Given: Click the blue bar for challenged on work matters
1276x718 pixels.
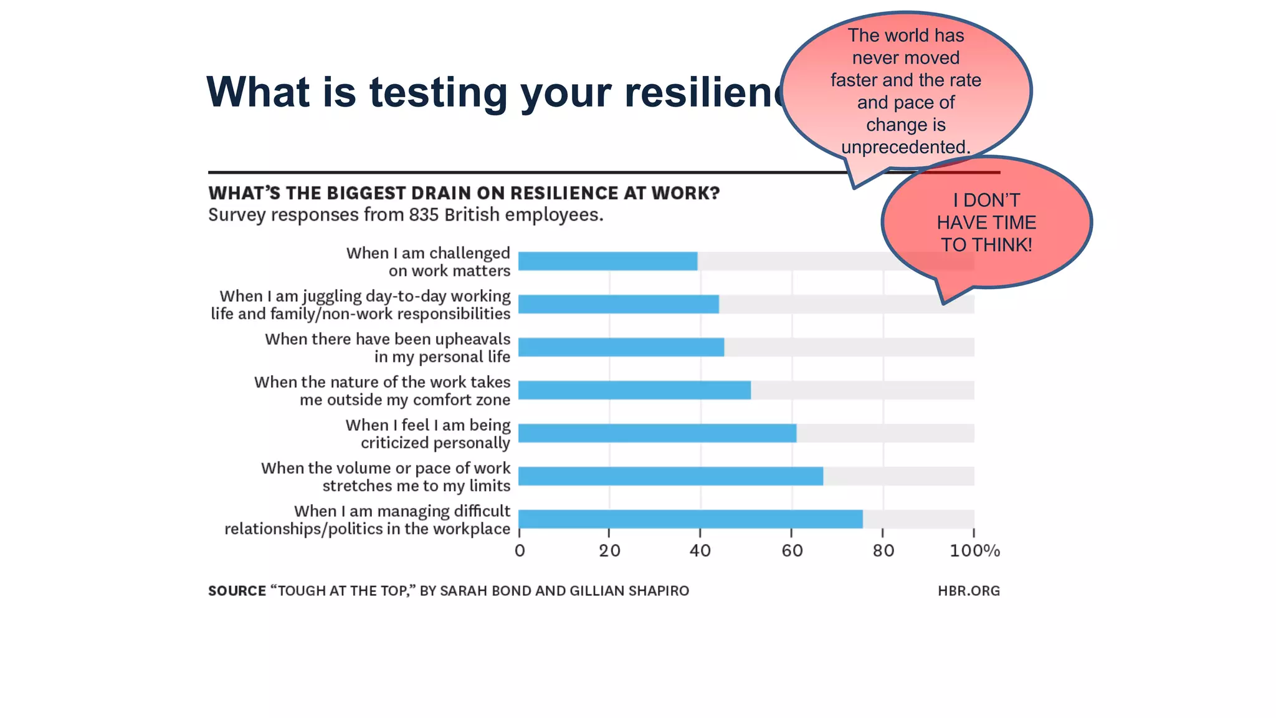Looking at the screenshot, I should coord(607,261).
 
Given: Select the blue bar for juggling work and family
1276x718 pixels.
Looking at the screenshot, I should coord(618,304).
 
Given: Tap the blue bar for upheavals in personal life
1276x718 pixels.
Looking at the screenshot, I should coord(621,347).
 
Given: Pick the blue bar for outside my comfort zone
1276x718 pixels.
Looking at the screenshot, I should coord(634,390).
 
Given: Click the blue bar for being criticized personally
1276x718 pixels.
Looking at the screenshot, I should coord(657,433).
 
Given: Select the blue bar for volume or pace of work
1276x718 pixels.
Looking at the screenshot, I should coord(670,476).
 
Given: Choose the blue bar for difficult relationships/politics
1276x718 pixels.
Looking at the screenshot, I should coord(690,519).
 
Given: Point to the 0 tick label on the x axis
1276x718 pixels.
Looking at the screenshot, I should coord(520,551).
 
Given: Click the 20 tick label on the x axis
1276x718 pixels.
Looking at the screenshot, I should coord(609,551).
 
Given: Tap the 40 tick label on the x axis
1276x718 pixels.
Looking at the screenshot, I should coord(700,551).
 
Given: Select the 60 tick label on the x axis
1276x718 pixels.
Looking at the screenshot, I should coord(792,551).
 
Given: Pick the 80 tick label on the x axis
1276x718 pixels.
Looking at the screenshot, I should coord(883,551).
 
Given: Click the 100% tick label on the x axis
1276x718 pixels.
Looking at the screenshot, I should coord(974,551).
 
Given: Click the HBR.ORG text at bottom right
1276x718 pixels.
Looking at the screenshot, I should coord(968,591).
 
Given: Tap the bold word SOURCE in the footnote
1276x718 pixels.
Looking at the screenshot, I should coord(237,591).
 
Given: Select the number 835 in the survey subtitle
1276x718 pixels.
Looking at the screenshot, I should coord(424,215).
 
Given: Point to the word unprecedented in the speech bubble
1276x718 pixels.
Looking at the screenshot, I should coord(905,147).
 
